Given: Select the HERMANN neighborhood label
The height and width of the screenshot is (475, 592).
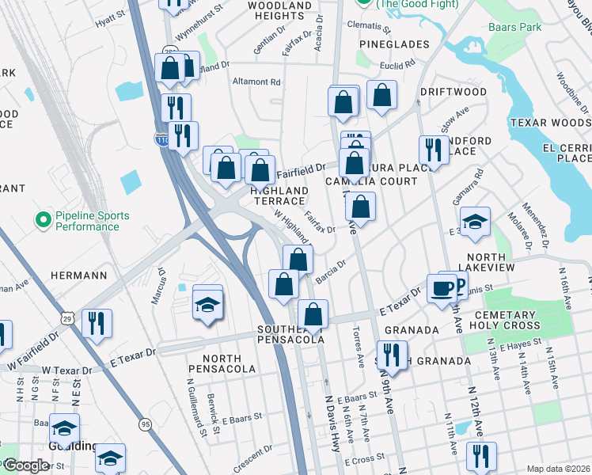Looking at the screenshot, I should (78, 275).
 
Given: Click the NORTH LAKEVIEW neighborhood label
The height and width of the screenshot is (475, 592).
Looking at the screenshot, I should (502, 257).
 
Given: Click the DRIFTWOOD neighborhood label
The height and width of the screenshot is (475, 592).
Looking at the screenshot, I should (453, 92).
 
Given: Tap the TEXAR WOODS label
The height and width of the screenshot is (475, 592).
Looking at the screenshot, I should (549, 123).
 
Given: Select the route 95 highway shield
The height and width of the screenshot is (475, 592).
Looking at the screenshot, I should (145, 424).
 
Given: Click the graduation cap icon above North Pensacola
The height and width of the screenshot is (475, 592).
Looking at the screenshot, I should (207, 303).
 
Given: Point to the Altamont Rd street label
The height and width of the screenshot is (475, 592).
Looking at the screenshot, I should (256, 82).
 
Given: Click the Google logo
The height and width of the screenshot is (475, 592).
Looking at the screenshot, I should (25, 465).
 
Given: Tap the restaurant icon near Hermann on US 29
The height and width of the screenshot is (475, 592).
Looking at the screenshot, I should (97, 323).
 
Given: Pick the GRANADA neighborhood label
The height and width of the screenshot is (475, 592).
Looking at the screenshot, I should (411, 330).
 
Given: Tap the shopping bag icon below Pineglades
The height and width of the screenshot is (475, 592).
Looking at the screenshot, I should (381, 96).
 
